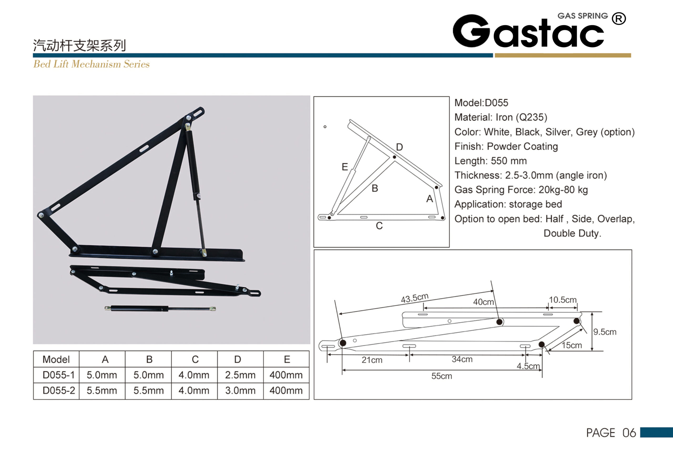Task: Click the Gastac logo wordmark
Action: (528, 31)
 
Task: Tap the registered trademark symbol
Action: (619, 19)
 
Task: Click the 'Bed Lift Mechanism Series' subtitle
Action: (91, 64)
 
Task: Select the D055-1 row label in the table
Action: (59, 375)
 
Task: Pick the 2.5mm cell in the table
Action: (240, 375)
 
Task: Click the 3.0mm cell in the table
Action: (240, 390)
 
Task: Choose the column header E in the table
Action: (287, 359)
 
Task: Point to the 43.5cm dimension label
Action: (414, 298)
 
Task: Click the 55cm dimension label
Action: (442, 376)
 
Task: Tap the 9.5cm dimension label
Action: (605, 332)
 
